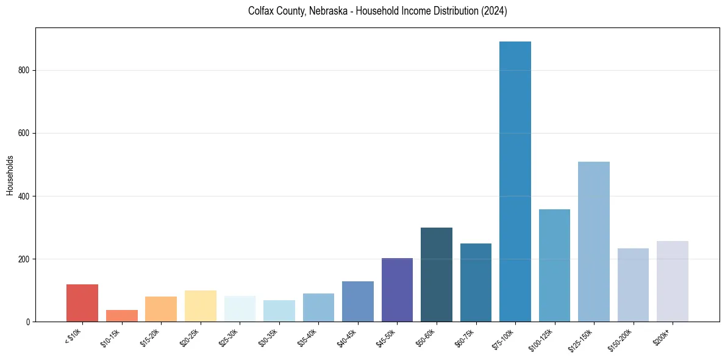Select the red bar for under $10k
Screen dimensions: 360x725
coord(82,303)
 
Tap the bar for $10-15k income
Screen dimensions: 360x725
coord(122,315)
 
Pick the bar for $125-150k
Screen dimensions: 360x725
coord(594,242)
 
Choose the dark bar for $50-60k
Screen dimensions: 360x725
coord(437,275)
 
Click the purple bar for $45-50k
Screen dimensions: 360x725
coord(397,290)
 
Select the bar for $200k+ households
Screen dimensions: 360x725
coord(673,281)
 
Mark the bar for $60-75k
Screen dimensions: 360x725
coord(476,283)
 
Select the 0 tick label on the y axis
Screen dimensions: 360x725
coord(28,322)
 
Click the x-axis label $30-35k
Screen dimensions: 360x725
coord(268,338)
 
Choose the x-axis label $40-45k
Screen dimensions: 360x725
coord(347,338)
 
